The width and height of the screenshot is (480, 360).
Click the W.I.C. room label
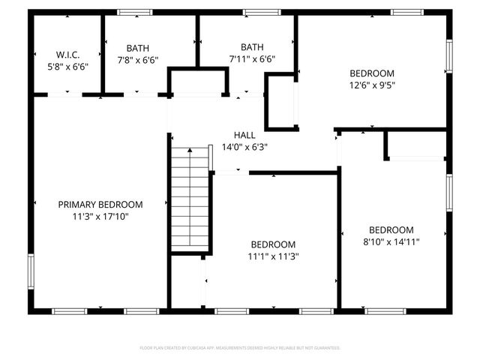[67, 54]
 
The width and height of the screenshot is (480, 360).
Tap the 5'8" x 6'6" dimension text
[67, 66]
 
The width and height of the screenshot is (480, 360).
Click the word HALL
[244, 135]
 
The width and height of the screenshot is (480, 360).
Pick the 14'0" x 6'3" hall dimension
[244, 147]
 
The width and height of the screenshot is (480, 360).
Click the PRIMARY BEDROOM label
[100, 204]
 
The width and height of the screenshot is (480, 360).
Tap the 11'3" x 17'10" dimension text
[100, 217]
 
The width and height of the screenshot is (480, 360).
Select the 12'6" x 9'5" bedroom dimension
[372, 85]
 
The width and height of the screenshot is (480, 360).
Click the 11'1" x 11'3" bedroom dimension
[273, 256]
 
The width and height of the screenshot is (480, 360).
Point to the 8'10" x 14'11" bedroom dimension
[391, 242]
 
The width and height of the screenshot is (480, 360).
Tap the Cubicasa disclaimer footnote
[240, 348]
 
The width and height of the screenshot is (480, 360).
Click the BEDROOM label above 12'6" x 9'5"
[372, 73]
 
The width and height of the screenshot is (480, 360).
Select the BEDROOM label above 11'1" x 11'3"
[273, 244]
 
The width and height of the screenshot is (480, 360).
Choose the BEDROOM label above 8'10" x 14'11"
[391, 229]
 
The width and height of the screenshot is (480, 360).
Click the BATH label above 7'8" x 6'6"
[138, 47]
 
